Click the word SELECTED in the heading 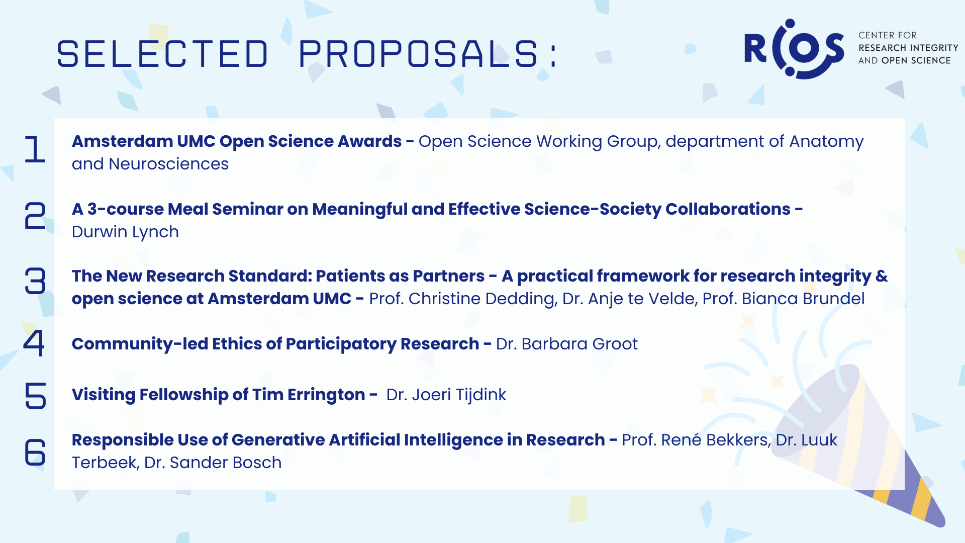162,54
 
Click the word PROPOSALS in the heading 419,54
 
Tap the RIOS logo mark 794,49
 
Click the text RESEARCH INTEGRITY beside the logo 908,48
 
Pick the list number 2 35,216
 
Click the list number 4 34,343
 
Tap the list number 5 35,395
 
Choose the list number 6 35,451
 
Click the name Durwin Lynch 125,232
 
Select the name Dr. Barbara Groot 567,344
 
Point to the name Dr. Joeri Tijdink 446,395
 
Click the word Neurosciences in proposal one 168,164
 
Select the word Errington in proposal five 326,395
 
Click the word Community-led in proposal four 140,344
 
